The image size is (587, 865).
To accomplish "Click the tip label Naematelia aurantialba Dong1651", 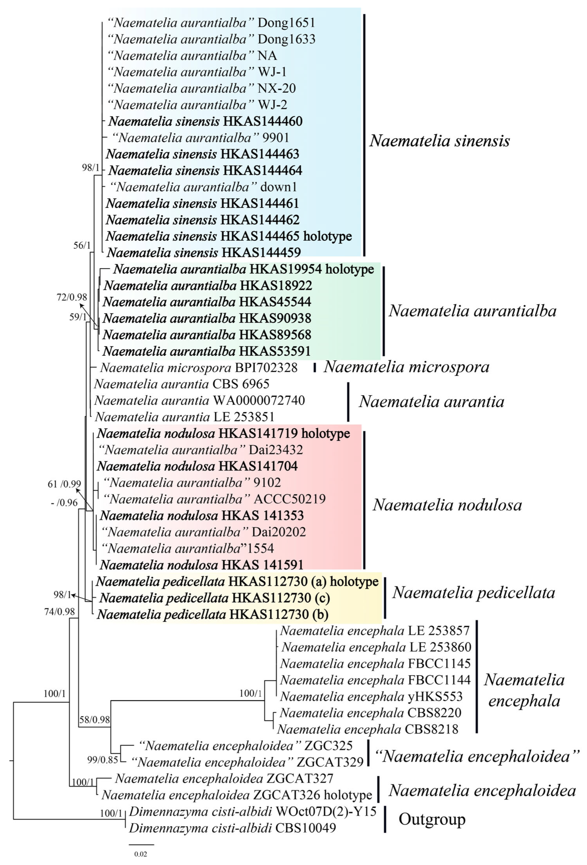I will tap(211, 23).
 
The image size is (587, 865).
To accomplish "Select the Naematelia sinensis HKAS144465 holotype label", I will tap(229, 236).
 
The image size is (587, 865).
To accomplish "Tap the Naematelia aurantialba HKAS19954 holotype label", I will tap(243, 269).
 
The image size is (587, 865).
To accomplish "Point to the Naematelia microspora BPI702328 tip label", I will tap(199, 368).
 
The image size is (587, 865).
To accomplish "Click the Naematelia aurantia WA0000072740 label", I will tap(199, 400).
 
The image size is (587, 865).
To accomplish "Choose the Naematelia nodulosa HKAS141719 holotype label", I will tap(223, 434).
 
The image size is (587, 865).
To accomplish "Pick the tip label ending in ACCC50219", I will tap(214, 499).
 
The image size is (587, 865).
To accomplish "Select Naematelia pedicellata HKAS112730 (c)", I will tap(215, 598).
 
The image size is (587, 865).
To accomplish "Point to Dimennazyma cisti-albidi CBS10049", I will tap(232, 827).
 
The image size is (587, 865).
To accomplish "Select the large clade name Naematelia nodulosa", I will tap(447, 505).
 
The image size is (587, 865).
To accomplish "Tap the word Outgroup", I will tap(432, 819).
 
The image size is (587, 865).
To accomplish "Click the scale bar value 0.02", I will tap(140, 854).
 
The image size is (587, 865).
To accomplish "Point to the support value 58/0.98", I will tap(95, 719).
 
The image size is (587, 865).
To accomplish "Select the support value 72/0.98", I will tap(72, 297).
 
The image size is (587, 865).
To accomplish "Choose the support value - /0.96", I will tap(64, 503).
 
